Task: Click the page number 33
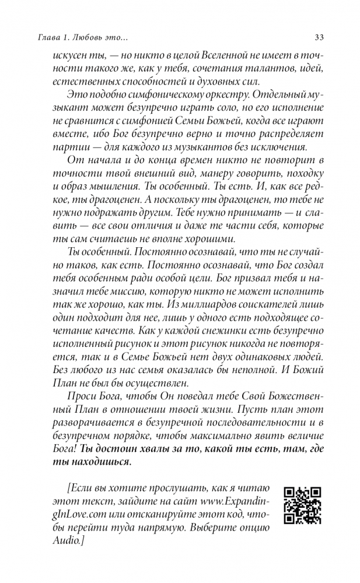tap(319, 38)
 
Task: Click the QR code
tap(303, 505)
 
